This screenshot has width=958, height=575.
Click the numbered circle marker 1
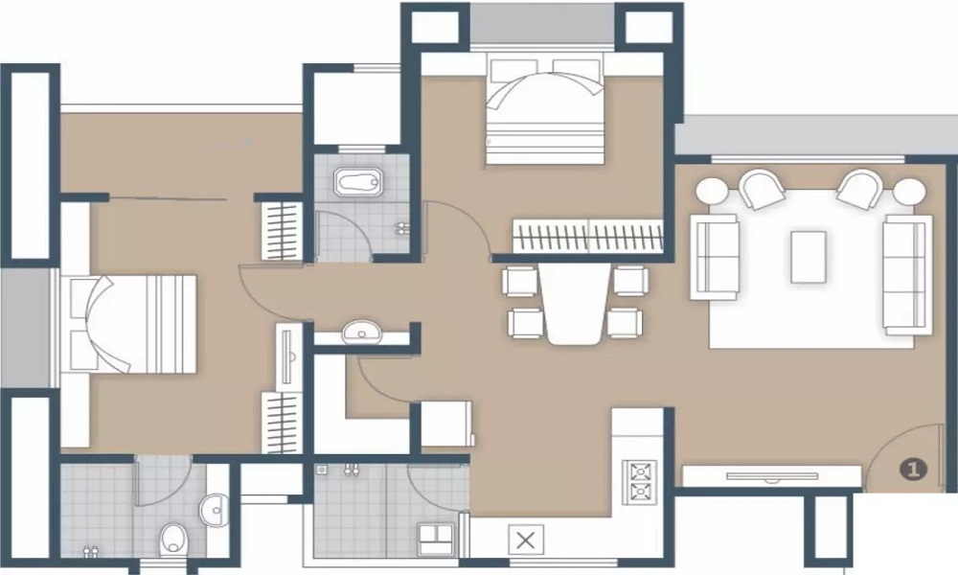913,469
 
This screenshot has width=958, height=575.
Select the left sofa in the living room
714,256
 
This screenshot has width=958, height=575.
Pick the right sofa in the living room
907,274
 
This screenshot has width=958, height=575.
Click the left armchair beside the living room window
763,189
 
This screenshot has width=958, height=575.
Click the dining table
574,302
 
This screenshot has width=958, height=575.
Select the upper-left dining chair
521,281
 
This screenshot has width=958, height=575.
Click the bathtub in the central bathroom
358,181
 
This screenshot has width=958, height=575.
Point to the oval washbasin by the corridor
362,333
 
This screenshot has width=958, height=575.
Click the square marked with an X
525,540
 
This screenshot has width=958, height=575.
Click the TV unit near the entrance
771,475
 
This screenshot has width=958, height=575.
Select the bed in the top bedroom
546,110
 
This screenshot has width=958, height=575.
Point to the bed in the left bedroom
129,324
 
